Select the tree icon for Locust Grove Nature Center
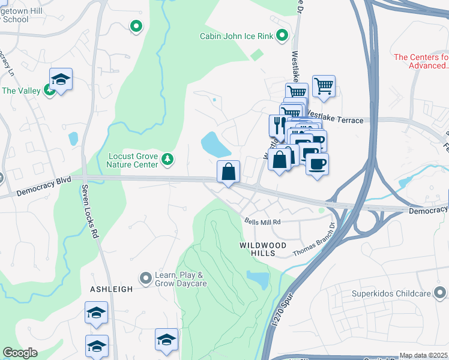click(169, 159)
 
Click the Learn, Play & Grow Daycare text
click(181, 279)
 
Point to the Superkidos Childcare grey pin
click(441, 293)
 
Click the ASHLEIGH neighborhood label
click(111, 289)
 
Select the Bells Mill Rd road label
click(262, 221)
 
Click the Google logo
click(20, 353)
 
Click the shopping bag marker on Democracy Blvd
click(228, 172)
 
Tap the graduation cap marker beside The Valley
click(61, 79)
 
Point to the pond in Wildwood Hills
click(258, 280)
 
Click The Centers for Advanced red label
click(421, 61)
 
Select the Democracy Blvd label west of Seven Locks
click(44, 187)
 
